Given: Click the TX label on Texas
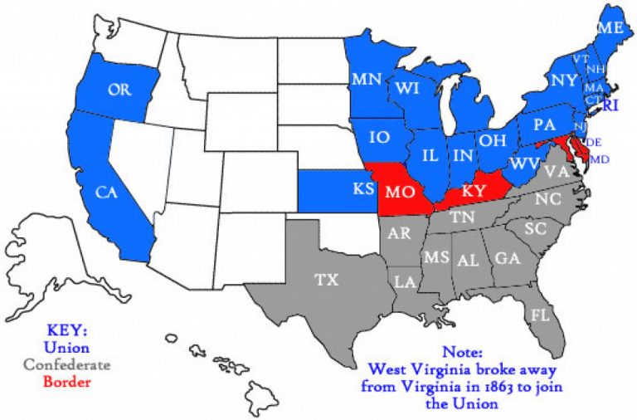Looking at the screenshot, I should click(x=327, y=280).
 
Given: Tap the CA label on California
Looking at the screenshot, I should click(x=105, y=193).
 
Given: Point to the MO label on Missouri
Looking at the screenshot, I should click(x=401, y=193).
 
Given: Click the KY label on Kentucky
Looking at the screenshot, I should click(x=473, y=190).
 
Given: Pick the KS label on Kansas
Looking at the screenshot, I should click(x=363, y=189).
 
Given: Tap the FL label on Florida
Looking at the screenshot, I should click(x=541, y=316).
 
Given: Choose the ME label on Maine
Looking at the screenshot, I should click(x=610, y=28).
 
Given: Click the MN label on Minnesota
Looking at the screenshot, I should click(x=365, y=80).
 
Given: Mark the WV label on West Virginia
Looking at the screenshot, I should click(x=524, y=164).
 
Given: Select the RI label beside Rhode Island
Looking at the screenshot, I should click(x=611, y=105).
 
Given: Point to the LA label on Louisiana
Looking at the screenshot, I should click(x=405, y=282).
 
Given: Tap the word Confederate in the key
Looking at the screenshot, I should click(x=66, y=364).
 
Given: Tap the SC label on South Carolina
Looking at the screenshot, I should click(x=535, y=228).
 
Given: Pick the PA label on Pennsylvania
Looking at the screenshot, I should click(x=544, y=126).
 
